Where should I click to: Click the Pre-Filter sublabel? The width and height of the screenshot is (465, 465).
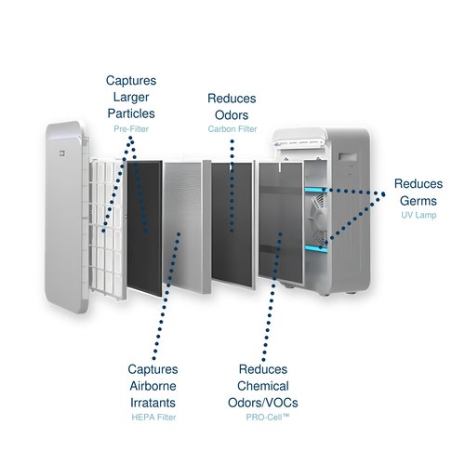[x=131, y=129]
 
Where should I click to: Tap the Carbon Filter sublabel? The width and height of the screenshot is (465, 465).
[x=232, y=129]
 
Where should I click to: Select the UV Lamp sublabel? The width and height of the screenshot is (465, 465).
[x=418, y=215]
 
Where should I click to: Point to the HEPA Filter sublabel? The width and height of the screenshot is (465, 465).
[x=153, y=418]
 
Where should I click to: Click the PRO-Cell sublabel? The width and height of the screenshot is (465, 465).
[x=268, y=418]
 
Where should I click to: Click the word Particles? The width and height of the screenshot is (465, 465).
[x=131, y=113]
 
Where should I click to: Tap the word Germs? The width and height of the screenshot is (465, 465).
[x=418, y=201]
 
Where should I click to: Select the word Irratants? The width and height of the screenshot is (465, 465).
[x=153, y=403]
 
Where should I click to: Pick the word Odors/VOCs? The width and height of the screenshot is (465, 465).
[x=263, y=403]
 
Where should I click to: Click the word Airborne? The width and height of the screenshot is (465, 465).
[x=153, y=386]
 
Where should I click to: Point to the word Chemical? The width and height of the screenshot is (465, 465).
[x=263, y=386]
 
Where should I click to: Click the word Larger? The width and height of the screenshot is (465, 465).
[x=131, y=97]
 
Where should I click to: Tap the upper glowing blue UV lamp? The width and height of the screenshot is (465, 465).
[x=316, y=190]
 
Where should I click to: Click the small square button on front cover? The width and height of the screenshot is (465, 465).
[x=62, y=153]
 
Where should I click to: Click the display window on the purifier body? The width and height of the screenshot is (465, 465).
[x=348, y=156]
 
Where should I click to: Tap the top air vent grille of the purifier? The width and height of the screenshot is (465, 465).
[x=299, y=142]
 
